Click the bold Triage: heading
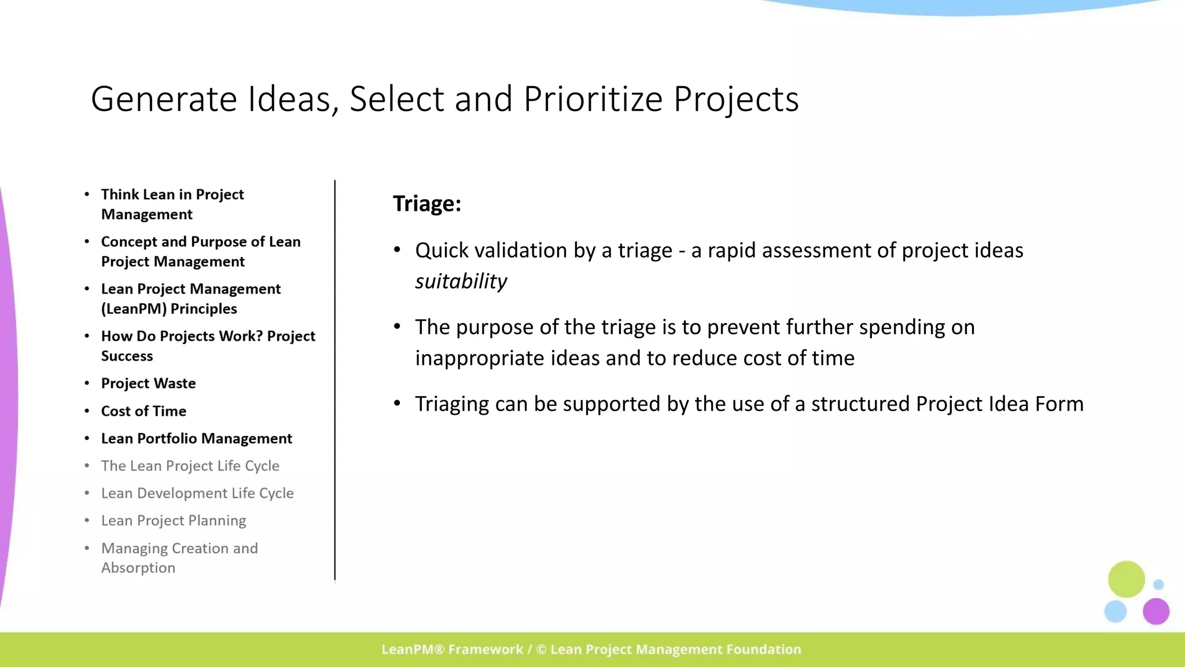(x=427, y=204)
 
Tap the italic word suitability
(x=461, y=281)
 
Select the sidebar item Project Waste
(x=148, y=383)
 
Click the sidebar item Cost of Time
(x=143, y=411)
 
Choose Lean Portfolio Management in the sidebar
(x=196, y=438)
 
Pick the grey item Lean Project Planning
(x=174, y=521)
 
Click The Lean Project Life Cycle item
(x=190, y=466)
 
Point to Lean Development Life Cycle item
(x=197, y=493)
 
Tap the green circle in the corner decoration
(x=1126, y=578)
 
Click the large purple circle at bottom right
(x=1155, y=611)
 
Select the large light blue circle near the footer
(x=1115, y=611)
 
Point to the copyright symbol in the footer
(x=541, y=650)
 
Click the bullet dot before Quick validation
(x=397, y=250)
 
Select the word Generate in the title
(x=164, y=99)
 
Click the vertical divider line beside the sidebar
(x=334, y=382)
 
